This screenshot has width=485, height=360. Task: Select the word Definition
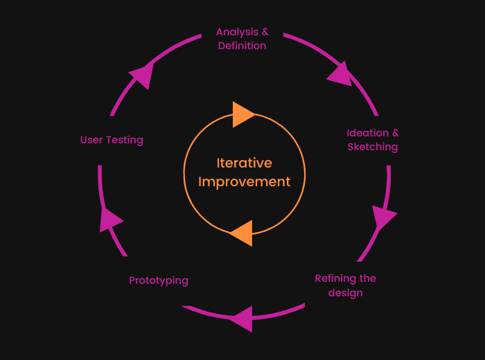pyautogui.click(x=242, y=46)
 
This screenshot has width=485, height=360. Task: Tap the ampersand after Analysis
pyautogui.click(x=265, y=32)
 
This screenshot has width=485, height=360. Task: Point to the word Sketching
pyautogui.click(x=373, y=147)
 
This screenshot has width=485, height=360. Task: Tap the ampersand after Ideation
pyautogui.click(x=396, y=133)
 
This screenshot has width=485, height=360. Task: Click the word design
pyautogui.click(x=346, y=293)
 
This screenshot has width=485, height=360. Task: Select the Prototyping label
pyautogui.click(x=159, y=280)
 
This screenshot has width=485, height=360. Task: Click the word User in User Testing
pyautogui.click(x=92, y=140)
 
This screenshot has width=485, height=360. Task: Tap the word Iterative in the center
pyautogui.click(x=245, y=163)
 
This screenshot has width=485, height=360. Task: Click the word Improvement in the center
pyautogui.click(x=245, y=182)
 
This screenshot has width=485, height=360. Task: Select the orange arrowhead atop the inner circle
pyautogui.click(x=242, y=114)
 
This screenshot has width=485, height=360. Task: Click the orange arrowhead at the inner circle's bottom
pyautogui.click(x=242, y=234)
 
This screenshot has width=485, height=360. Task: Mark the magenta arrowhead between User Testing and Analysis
pyautogui.click(x=142, y=75)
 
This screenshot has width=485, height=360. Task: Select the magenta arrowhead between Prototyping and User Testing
pyautogui.click(x=109, y=219)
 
